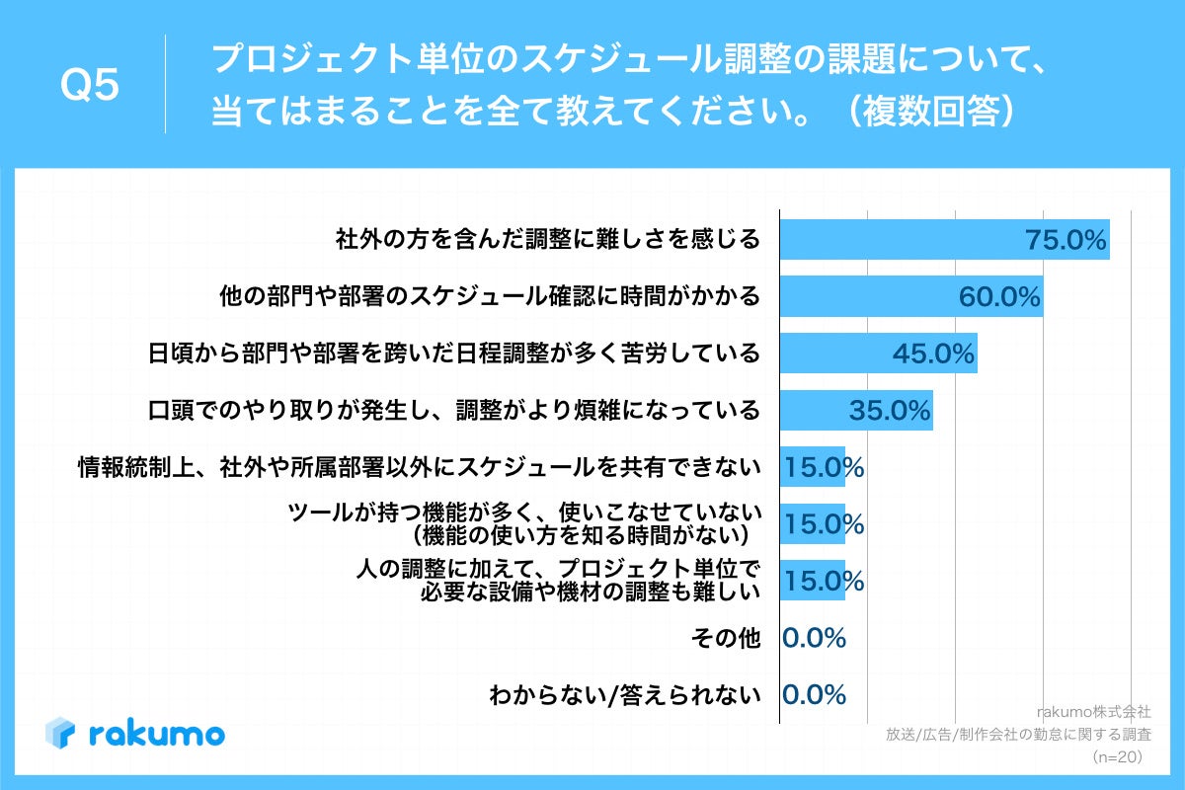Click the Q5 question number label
point(90,86)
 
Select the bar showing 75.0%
point(944,240)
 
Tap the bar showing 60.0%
point(910,296)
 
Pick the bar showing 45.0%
point(878,354)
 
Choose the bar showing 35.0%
point(855,410)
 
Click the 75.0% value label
point(1066,240)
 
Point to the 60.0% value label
point(999,296)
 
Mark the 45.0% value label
point(933,354)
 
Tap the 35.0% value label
point(889,410)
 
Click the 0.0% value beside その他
point(814,638)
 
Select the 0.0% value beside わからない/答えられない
point(814,694)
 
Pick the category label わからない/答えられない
point(625,695)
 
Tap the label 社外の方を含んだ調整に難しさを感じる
point(548,240)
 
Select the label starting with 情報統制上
point(420,467)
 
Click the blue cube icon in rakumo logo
point(60,733)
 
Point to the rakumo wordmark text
point(156,734)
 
